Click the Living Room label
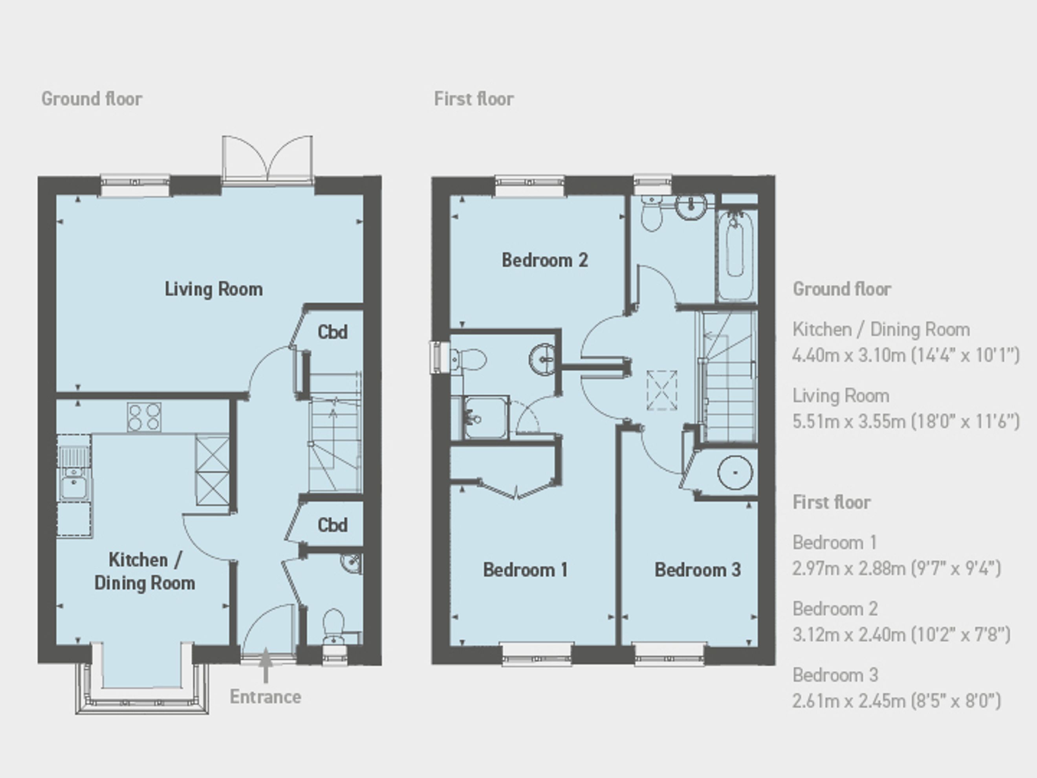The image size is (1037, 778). coord(213,289)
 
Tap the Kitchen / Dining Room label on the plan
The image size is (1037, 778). coord(145,571)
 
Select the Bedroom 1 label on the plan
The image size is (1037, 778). coord(525,570)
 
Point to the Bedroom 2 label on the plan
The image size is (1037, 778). coord(545,260)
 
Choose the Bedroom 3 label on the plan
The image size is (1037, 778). coord(698,570)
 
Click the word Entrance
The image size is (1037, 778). coord(266,697)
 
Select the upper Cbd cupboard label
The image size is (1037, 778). coord(332,332)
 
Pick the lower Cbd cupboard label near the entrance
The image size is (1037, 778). coord(332,525)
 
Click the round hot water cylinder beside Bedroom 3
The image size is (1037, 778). coord(735,473)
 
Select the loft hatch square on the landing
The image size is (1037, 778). coord(662,390)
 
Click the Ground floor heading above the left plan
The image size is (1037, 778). coord(92,99)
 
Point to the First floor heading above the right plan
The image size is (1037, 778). coord(474,99)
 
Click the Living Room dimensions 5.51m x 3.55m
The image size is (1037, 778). coord(906,422)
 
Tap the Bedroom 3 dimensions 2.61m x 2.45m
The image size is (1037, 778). coord(897,701)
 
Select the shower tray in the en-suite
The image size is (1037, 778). coord(485,417)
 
